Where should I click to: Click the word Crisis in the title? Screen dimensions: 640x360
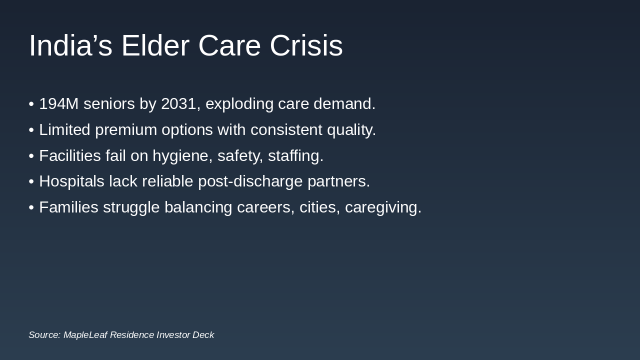[306, 45]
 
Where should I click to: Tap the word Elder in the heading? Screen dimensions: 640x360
[155, 45]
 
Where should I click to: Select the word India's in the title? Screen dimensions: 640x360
[70, 45]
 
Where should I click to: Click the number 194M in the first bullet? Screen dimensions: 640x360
[59, 103]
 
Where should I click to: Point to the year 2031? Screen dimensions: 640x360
[179, 103]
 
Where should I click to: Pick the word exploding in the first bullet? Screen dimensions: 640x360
[239, 104]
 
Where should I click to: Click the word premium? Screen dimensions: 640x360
[126, 130]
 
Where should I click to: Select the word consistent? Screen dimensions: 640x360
[286, 129]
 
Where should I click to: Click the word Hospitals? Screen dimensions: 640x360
[71, 181]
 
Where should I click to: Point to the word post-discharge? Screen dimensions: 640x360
[250, 181]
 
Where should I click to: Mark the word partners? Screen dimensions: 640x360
[339, 182]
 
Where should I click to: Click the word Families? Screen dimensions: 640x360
[69, 207]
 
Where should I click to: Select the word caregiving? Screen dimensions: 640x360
[383, 207]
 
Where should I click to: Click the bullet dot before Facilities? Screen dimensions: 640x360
[31, 156]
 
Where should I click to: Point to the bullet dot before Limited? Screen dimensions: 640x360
[31, 130]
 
